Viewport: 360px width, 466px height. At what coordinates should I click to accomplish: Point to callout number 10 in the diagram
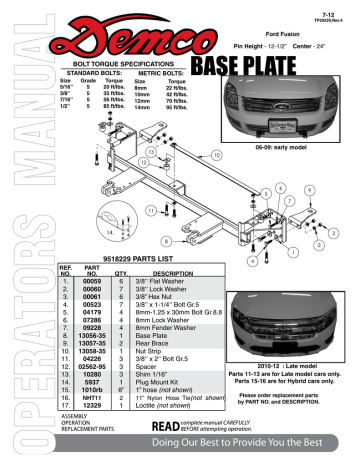[x=217, y=156]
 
